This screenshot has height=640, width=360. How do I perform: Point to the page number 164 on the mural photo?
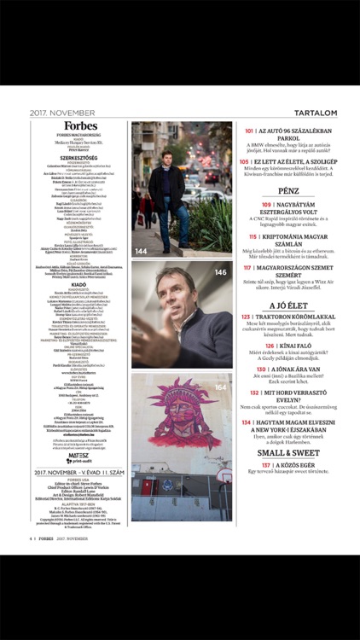[220, 387]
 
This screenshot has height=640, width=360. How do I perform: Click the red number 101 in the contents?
[249, 131]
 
